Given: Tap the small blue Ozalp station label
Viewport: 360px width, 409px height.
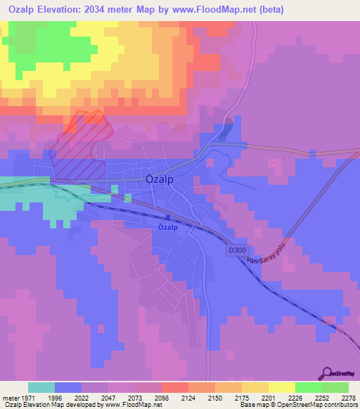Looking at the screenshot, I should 167,228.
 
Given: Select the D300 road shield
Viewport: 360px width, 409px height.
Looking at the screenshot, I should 236,249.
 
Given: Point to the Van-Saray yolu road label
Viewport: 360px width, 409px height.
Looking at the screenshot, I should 264,260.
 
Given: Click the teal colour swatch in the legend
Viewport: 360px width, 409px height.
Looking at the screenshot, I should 41,387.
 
